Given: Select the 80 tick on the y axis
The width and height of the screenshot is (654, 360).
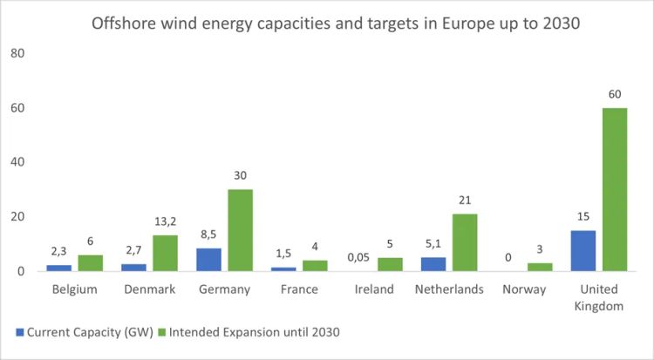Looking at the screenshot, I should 18,53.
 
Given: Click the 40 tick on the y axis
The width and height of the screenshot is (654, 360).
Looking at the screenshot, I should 18,162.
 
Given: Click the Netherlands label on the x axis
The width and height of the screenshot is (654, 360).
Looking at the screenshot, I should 451,289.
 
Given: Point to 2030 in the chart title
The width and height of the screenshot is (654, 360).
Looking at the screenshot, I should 554,24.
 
